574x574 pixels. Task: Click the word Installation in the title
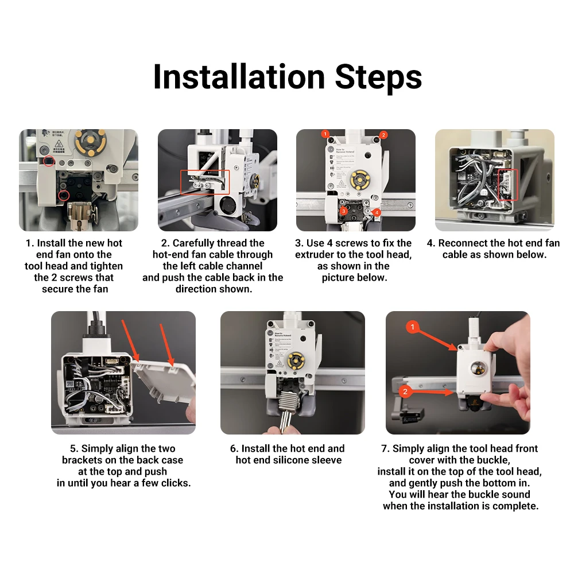pyautogui.click(x=239, y=77)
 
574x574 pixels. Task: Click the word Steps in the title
pyautogui.click(x=378, y=77)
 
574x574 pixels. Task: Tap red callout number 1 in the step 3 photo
pyautogui.click(x=325, y=134)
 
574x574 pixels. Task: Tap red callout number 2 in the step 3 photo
pyautogui.click(x=383, y=135)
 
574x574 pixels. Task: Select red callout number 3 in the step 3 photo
pyautogui.click(x=343, y=211)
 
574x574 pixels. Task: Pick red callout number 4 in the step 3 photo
pyautogui.click(x=377, y=213)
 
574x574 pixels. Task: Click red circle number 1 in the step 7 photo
pyautogui.click(x=413, y=327)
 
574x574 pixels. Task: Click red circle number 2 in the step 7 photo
pyautogui.click(x=405, y=391)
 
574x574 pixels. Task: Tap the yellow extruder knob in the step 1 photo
pyautogui.click(x=91, y=141)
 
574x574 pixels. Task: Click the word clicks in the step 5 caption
pyautogui.click(x=176, y=483)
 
